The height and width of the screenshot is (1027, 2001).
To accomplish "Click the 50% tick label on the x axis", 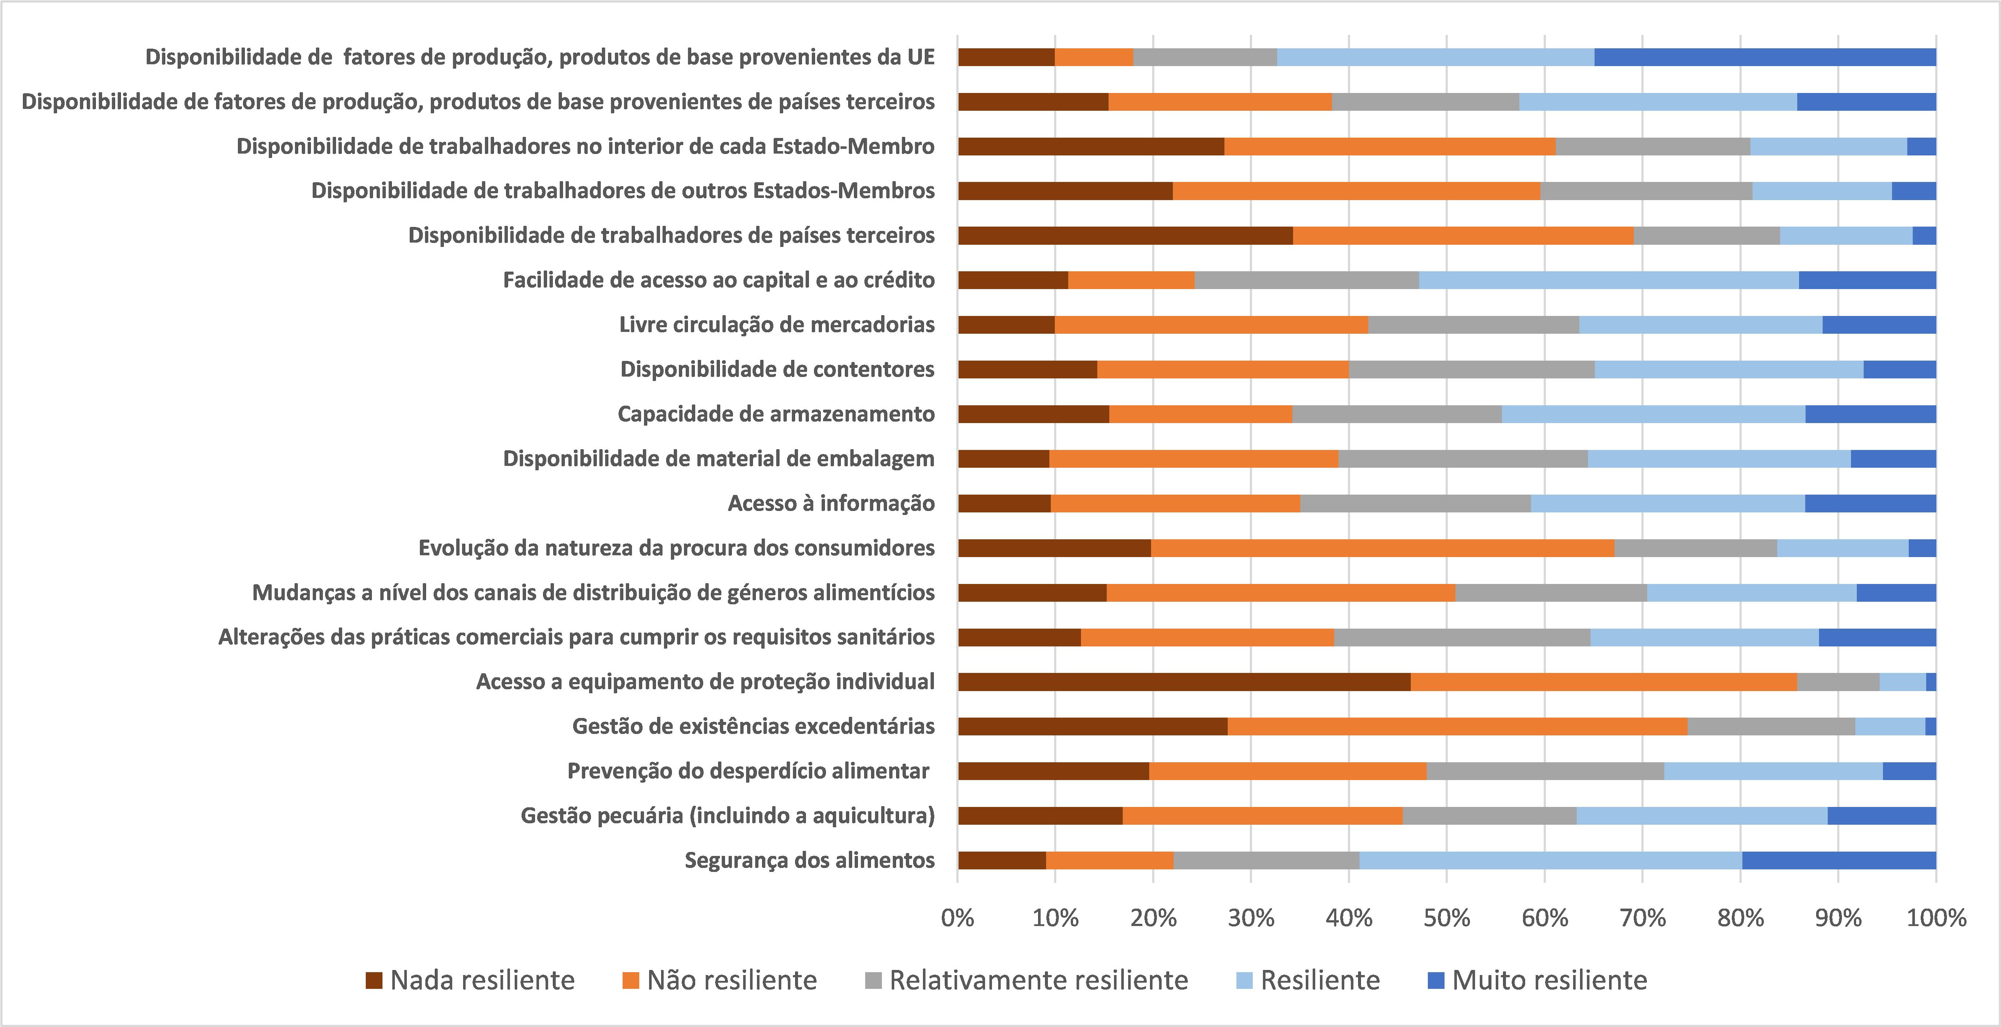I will [x=1446, y=918].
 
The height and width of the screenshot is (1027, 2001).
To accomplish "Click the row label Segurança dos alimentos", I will [x=809, y=860].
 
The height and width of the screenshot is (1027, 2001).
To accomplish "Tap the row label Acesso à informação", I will [x=831, y=503].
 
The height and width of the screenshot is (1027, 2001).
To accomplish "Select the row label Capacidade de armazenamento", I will [x=776, y=414].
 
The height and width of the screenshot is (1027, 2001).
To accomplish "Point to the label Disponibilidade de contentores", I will [x=777, y=369].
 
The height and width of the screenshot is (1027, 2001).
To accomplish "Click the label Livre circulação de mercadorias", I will [x=777, y=325].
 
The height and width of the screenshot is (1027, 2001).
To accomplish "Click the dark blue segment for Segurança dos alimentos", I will [x=1839, y=860].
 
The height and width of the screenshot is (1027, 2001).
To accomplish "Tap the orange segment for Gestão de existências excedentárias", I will [x=1457, y=726].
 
